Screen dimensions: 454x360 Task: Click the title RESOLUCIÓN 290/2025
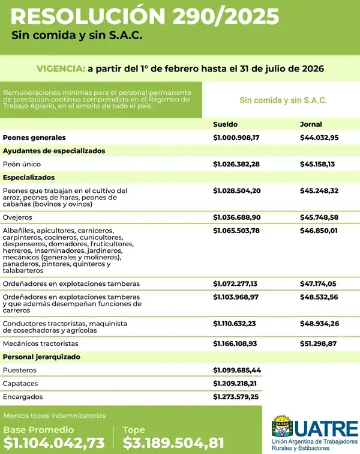[145, 16]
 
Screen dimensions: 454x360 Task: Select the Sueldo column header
[226, 124]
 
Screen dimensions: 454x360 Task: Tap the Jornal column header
[311, 124]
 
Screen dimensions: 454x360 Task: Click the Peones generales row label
[34, 138]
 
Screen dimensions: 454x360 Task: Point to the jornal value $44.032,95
[319, 138]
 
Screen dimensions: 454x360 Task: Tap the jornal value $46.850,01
[319, 230]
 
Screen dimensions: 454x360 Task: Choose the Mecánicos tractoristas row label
[40, 344]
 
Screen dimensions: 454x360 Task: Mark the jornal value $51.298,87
[319, 344]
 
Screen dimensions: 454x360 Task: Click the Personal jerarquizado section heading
[41, 357]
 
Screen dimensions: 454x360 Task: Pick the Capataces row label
[20, 383]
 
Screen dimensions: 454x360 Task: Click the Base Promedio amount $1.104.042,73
[54, 443]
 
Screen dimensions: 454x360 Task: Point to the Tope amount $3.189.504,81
[173, 443]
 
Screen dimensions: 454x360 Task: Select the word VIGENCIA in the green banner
[59, 69]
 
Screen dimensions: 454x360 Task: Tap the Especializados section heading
[29, 177]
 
